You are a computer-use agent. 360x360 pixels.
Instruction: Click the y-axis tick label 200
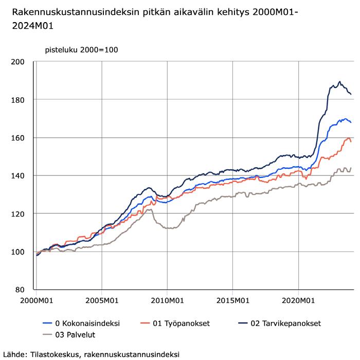(17, 62)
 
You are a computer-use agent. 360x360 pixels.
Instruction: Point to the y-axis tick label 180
(17, 100)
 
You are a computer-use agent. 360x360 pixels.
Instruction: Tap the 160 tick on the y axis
(17, 138)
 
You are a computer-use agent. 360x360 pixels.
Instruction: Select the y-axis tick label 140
(17, 176)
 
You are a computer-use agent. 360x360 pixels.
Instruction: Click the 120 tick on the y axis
(17, 214)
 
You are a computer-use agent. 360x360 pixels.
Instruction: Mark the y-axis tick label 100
(17, 252)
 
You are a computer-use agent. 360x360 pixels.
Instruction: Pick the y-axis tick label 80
(20, 290)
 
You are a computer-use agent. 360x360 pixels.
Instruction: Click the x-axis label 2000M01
(37, 300)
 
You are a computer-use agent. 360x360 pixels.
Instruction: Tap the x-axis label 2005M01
(102, 300)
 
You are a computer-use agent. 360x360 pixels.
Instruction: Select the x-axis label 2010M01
(167, 300)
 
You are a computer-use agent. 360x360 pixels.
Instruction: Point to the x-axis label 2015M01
(233, 300)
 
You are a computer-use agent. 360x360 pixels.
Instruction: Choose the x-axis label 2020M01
(298, 300)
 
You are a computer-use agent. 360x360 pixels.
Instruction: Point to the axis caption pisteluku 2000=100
(81, 50)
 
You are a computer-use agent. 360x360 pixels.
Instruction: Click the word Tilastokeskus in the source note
(55, 354)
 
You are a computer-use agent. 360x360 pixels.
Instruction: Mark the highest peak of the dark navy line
(340, 81)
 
